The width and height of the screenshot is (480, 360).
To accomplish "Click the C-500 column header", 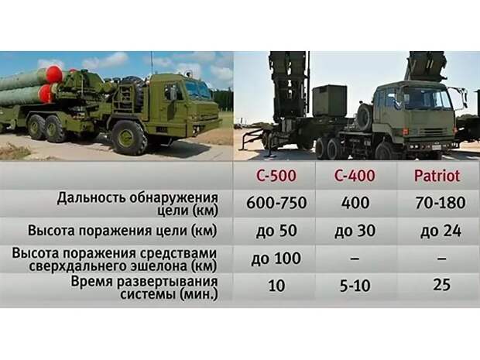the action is [x=276, y=176].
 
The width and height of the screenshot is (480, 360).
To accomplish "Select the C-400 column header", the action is [x=355, y=176].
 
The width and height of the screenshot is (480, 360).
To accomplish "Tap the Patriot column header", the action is [x=437, y=176].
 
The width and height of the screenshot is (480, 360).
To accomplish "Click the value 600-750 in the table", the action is [x=276, y=203].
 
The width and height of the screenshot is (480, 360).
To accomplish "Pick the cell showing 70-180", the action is [x=441, y=203].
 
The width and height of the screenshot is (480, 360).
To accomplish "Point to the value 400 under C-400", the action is [x=355, y=203].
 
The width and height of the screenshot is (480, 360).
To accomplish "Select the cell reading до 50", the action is [x=276, y=231].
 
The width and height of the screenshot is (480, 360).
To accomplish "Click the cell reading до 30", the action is [x=355, y=231].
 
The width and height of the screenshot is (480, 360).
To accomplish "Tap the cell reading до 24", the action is [x=441, y=231].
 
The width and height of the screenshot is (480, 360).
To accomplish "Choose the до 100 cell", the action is [x=276, y=259].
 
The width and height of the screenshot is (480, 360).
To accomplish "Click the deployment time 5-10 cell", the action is [x=355, y=286].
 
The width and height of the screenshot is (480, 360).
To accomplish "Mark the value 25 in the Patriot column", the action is [x=441, y=285].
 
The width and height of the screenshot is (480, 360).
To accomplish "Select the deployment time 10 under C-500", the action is [x=276, y=286].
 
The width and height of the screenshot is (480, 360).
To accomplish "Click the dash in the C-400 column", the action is [x=355, y=259].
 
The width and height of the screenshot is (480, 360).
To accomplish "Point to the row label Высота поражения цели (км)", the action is [x=122, y=231].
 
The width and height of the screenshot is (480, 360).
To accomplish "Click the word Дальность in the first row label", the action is [x=91, y=198].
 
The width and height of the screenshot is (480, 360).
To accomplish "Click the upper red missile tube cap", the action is [x=54, y=74].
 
